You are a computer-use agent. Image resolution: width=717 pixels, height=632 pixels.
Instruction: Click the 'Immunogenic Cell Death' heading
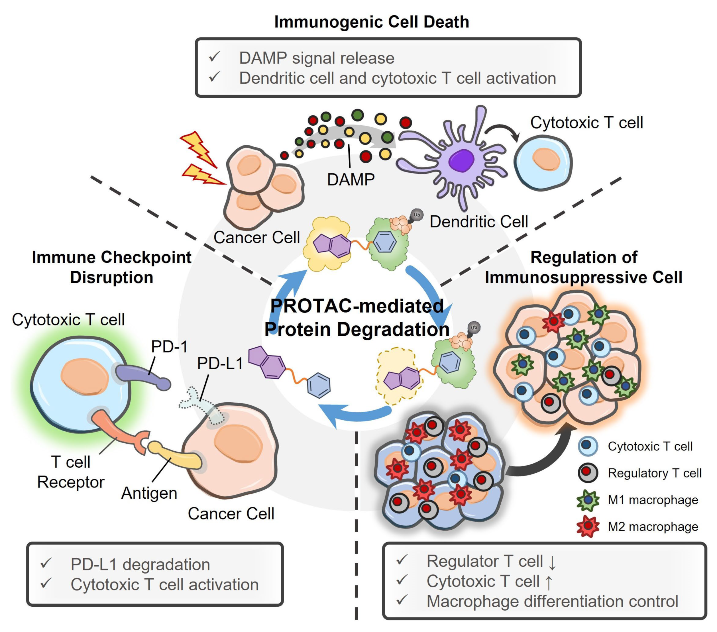pos(372,22)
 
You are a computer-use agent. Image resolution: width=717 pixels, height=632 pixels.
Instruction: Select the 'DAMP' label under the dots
pos(351,180)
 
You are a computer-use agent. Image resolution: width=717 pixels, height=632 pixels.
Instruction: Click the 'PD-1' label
pos(170,346)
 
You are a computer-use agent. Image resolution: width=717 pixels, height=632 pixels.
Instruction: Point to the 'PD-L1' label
pos(220,363)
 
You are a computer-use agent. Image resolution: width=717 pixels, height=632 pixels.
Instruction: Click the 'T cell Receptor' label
pos(71,472)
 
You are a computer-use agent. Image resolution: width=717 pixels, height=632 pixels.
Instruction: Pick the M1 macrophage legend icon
pos(588,500)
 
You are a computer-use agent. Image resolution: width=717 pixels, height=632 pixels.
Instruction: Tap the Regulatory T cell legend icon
pos(588,473)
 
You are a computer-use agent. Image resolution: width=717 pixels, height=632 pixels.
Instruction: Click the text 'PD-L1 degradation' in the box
pos(140,564)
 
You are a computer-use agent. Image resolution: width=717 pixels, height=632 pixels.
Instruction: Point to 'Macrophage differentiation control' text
pos(552,601)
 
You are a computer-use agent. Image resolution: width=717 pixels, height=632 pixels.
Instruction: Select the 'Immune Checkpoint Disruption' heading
pos(111,267)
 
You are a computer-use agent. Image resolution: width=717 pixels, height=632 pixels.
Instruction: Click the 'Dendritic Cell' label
pos(479,222)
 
